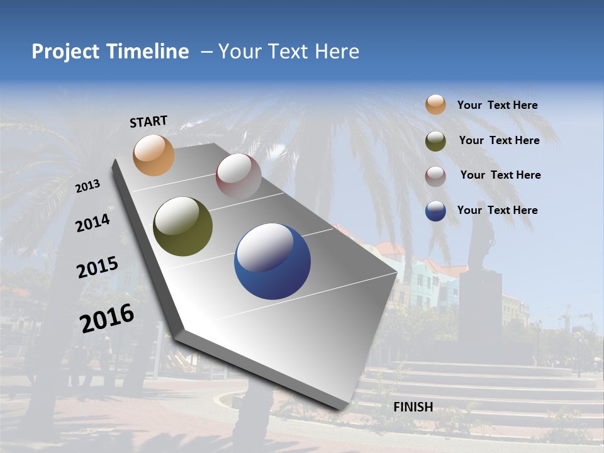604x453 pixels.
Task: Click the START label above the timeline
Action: [x=148, y=121]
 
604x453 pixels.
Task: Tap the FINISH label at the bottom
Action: [x=413, y=407]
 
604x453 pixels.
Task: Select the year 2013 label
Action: [x=87, y=186]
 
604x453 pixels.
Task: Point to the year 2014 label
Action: [x=92, y=223]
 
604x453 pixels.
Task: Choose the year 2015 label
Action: [x=97, y=267]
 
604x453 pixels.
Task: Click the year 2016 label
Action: [x=107, y=318]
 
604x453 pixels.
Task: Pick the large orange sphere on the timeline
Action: [x=154, y=155]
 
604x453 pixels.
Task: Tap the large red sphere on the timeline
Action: [x=238, y=176]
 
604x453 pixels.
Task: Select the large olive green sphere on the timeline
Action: [x=183, y=226]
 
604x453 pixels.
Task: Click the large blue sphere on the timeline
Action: [x=272, y=261]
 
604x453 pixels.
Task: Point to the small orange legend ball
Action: [x=435, y=104]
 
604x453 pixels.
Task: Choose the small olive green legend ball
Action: [x=435, y=141]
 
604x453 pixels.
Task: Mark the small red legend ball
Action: [x=435, y=176]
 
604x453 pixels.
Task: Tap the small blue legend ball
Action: [x=435, y=211]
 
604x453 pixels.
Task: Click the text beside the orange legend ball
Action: [x=497, y=106]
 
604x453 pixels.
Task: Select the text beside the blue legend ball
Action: [x=497, y=210]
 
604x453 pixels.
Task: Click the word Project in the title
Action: [x=65, y=52]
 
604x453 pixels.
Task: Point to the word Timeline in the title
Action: [x=149, y=52]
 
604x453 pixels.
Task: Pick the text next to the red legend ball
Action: [x=500, y=175]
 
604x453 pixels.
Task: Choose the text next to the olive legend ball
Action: [x=499, y=140]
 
